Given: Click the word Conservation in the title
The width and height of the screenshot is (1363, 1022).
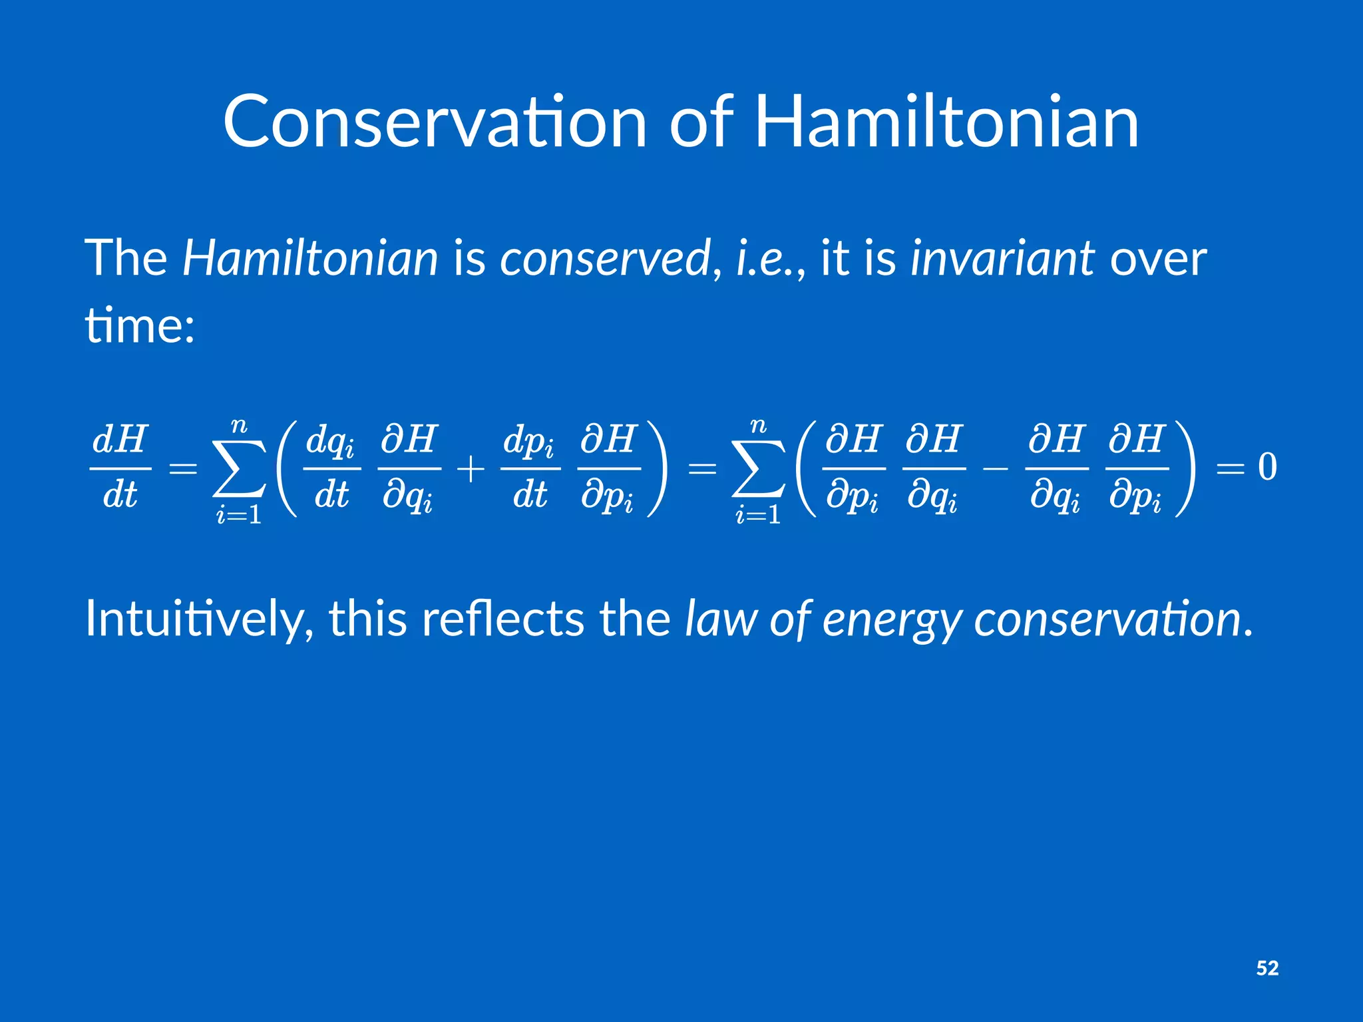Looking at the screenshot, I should pyautogui.click(x=435, y=122).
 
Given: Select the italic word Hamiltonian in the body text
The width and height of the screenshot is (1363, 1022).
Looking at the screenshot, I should pyautogui.click(x=310, y=258).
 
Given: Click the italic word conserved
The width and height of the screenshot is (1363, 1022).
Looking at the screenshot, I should pyautogui.click(x=605, y=258).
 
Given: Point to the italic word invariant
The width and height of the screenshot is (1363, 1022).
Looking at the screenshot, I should pyautogui.click(x=1002, y=258).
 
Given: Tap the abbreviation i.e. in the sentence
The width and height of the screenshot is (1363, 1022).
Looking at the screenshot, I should pyautogui.click(x=765, y=258).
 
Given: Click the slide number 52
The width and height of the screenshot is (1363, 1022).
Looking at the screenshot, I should pyautogui.click(x=1267, y=968).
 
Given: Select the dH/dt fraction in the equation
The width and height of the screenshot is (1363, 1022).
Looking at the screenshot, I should pyautogui.click(x=120, y=468).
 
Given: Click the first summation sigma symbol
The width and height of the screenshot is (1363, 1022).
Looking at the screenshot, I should pyautogui.click(x=239, y=469).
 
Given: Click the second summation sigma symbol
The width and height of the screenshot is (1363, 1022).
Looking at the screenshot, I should pyautogui.click(x=758, y=469).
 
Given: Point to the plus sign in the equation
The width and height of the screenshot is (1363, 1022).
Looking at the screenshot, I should pyautogui.click(x=471, y=469).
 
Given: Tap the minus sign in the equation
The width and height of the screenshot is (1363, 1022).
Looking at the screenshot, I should pyautogui.click(x=995, y=469).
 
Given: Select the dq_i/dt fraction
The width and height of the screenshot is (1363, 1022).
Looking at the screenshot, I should pyautogui.click(x=331, y=468).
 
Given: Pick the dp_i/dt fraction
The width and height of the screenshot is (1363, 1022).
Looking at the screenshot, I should pyautogui.click(x=530, y=468).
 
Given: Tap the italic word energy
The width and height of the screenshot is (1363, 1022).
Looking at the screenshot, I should pyautogui.click(x=892, y=619).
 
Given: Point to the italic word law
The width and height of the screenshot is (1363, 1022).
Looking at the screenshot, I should pyautogui.click(x=721, y=619).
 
